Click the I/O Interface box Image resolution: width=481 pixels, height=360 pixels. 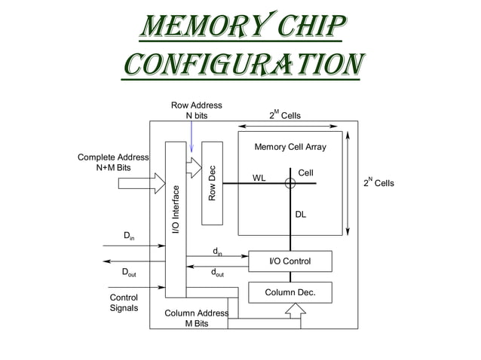[x=175, y=218]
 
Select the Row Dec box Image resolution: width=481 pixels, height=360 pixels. [x=213, y=182]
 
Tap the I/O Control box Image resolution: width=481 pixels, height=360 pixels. [x=290, y=261]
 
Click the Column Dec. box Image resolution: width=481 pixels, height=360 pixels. [x=290, y=292]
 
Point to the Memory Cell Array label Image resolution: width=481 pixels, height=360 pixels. [x=290, y=147]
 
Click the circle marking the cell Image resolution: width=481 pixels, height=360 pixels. [x=290, y=182]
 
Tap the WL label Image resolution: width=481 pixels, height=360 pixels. [x=259, y=178]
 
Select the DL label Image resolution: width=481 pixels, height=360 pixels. [x=300, y=215]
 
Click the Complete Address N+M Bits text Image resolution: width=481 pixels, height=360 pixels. [x=113, y=162]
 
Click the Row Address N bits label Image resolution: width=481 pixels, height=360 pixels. [x=196, y=111]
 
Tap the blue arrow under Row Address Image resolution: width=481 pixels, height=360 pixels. [x=191, y=139]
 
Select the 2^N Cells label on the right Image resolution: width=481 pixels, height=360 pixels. [x=378, y=183]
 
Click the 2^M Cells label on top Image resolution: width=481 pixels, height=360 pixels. [x=285, y=115]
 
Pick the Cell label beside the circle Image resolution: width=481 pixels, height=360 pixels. [x=305, y=173]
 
